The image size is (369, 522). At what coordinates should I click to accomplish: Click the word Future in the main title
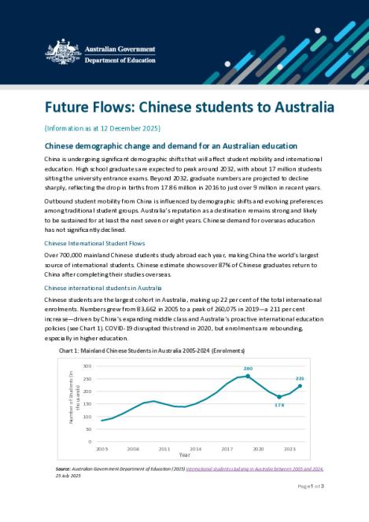(68, 106)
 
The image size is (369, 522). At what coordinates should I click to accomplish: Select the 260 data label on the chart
(247, 368)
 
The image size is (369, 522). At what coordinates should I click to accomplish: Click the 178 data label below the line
(279, 405)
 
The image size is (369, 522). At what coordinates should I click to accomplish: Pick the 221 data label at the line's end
(300, 378)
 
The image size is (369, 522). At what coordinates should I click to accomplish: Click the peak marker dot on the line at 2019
(247, 376)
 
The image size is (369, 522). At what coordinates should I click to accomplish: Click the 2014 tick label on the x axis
(195, 448)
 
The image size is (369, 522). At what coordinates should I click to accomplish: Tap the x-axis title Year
(183, 455)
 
